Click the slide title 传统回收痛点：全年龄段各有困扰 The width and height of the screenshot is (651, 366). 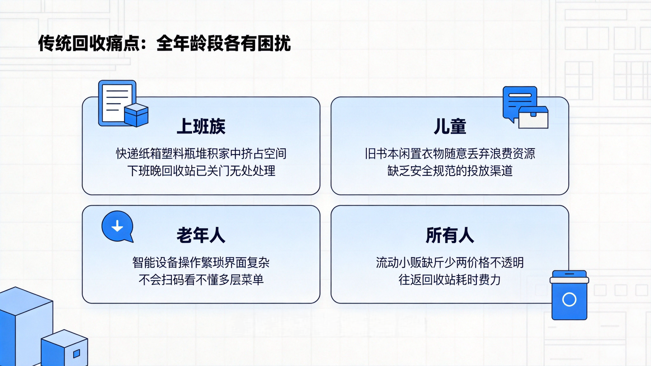(164, 43)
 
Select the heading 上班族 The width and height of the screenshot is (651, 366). (201, 126)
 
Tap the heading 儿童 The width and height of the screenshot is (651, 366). (450, 126)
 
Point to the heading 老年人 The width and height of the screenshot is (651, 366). (201, 235)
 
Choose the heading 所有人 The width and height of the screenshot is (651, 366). (450, 235)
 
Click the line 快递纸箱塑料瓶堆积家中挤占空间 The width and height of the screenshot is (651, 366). (201, 154)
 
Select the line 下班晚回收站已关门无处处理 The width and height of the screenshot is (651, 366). (201, 171)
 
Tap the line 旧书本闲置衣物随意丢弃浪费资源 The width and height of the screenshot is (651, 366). (450, 154)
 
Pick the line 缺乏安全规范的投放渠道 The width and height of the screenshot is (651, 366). (450, 171)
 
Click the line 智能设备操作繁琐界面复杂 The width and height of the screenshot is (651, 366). (201, 263)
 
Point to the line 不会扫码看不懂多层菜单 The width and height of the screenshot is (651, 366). (201, 280)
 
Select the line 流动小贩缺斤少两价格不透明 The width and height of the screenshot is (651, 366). (450, 263)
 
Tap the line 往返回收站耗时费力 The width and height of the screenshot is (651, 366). (450, 280)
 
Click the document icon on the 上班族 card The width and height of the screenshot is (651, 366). (116, 102)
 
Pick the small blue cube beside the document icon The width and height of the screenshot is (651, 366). (136, 115)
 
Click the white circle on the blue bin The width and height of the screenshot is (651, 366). (569, 299)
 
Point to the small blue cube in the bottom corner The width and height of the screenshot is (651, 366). (65, 348)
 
